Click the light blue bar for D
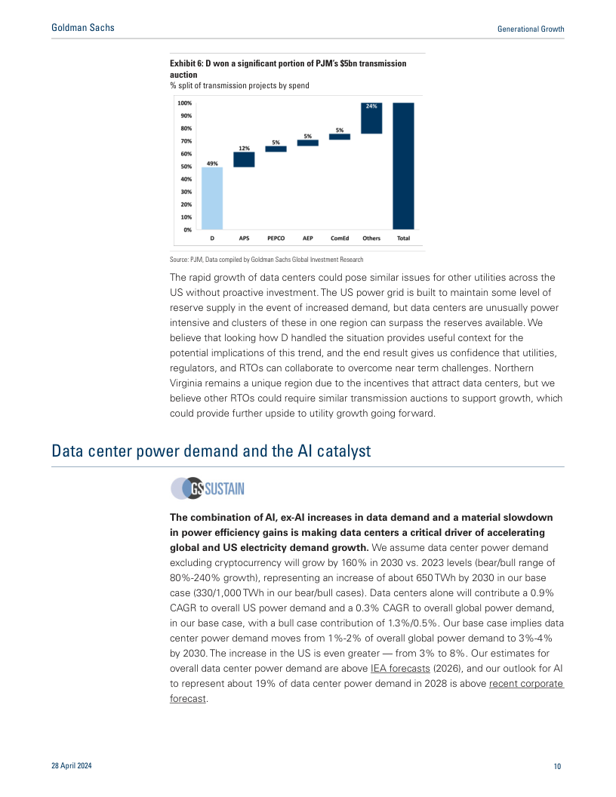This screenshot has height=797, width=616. [x=212, y=198]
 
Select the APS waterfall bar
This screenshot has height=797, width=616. [x=244, y=159]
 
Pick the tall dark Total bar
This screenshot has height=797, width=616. [x=403, y=165]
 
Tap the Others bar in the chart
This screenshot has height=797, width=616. [x=371, y=118]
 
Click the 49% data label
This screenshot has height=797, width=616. [x=212, y=162]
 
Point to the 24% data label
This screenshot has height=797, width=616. [x=371, y=106]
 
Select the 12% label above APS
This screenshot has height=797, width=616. [x=244, y=148]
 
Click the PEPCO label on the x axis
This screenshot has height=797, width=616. [x=276, y=238]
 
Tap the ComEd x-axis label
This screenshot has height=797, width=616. [x=340, y=238]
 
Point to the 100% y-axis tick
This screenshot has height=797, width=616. [x=184, y=103]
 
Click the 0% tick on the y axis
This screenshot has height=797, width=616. [x=186, y=229]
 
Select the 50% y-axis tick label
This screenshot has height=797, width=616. [x=186, y=166]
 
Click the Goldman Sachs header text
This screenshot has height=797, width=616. [x=83, y=28]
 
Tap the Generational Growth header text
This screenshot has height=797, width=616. [x=531, y=29]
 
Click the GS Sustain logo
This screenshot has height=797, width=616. [x=208, y=488]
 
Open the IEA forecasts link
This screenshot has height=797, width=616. [x=400, y=669]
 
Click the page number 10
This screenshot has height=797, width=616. [x=557, y=766]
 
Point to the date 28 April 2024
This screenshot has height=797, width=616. [x=72, y=766]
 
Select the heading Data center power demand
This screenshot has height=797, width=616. [x=211, y=451]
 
